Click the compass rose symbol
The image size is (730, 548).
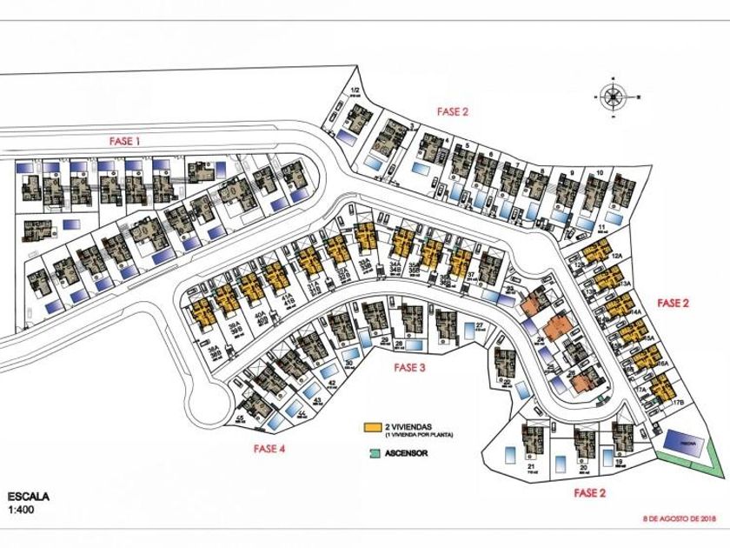(613, 97)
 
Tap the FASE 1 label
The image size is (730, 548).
(124, 140)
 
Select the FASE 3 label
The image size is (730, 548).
(408, 367)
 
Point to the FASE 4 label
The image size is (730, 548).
(269, 449)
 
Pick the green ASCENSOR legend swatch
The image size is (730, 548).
(373, 452)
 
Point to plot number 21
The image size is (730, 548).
(531, 466)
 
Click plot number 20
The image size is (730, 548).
(584, 467)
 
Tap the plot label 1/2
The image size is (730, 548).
(355, 91)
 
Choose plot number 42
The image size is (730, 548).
(332, 383)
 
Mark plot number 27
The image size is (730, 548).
(479, 325)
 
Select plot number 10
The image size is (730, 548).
(601, 173)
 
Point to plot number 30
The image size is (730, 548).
(348, 363)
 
